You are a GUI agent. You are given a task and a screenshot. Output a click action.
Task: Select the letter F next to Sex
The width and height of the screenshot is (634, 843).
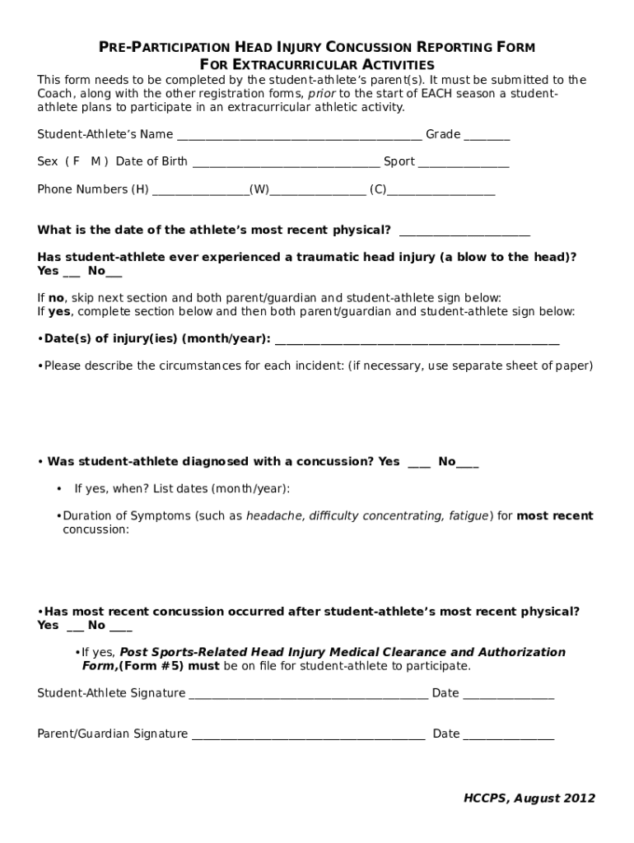(x=77, y=161)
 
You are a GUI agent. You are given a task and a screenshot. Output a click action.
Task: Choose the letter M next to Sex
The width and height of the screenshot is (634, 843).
(x=96, y=161)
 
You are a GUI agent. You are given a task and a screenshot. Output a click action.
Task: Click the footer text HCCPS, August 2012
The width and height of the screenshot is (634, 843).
(x=529, y=798)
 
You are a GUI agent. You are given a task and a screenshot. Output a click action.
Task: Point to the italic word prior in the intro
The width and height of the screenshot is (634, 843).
(x=321, y=94)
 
